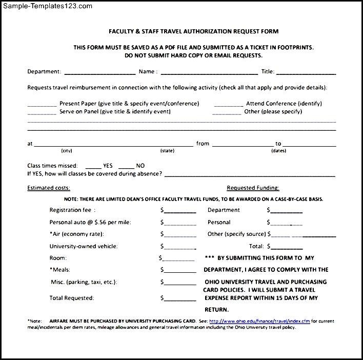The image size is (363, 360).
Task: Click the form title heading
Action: tap(193, 31)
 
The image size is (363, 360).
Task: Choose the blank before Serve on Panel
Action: tap(42, 112)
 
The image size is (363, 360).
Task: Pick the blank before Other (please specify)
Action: tap(228, 112)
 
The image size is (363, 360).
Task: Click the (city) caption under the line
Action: tap(67, 151)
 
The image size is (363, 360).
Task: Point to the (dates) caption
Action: tap(278, 151)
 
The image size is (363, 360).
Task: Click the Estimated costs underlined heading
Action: tap(49, 188)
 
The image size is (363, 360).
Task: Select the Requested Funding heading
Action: tap(253, 188)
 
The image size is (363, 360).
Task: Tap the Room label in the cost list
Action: tap(58, 258)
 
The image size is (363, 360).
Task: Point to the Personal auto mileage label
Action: tap(90, 223)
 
